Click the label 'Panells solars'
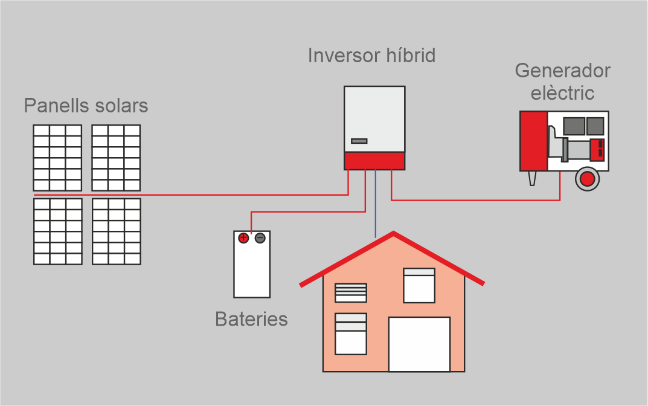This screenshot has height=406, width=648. [x=86, y=106]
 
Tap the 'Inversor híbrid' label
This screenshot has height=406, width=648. [x=371, y=56]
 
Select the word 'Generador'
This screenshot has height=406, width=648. [x=562, y=71]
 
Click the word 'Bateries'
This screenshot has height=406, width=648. [x=251, y=318]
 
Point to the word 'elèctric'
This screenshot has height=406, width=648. [x=562, y=93]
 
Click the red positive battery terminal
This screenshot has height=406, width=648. [x=243, y=238]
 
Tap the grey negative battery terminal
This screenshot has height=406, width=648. [x=260, y=238]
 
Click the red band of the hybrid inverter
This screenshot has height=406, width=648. [x=374, y=161]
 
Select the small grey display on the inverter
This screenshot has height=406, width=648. [x=359, y=141]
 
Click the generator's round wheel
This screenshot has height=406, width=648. [x=586, y=178]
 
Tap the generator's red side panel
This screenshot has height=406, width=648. [x=533, y=141]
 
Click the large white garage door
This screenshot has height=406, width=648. [x=419, y=344]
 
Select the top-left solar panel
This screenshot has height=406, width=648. [x=57, y=158]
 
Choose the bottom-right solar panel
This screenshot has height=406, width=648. [x=117, y=231]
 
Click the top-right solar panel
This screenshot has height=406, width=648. [x=116, y=158]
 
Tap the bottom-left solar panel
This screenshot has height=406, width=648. [x=57, y=231]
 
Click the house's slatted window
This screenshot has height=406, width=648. [x=351, y=292]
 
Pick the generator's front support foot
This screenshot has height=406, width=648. [x=532, y=178]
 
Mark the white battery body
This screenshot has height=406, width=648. [x=252, y=272]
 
